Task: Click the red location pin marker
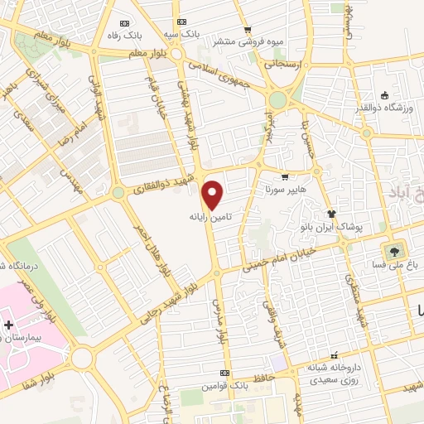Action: click(x=214, y=195)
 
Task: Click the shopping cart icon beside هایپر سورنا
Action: click(x=285, y=176)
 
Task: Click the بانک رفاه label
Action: click(x=125, y=36)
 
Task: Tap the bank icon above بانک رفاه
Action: click(x=125, y=22)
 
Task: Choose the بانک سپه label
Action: click(x=183, y=36)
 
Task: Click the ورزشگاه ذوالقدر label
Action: click(x=383, y=108)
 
